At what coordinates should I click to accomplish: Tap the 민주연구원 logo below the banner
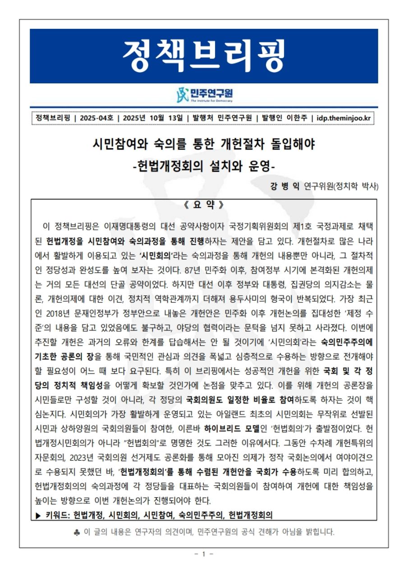tap(204, 95)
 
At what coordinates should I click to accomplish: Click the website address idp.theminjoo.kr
tap(344, 118)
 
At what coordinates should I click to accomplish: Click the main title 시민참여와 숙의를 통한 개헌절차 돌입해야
tap(204, 145)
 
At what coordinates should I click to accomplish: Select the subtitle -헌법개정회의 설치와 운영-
tap(204, 166)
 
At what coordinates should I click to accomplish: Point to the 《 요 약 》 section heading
tap(204, 204)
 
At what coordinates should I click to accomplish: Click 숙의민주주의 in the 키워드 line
tap(200, 514)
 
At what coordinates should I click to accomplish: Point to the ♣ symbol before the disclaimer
tap(76, 532)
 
